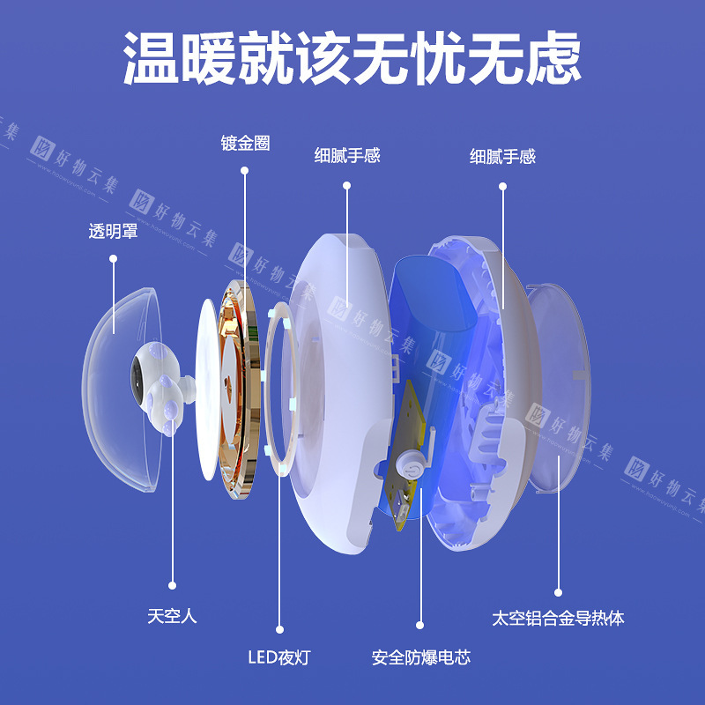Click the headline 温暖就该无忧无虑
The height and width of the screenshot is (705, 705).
pyautogui.click(x=352, y=57)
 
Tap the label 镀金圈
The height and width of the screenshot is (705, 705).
pyautogui.click(x=245, y=143)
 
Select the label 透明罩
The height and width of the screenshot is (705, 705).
pyautogui.click(x=113, y=231)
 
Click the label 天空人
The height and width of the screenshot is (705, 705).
pyautogui.click(x=172, y=615)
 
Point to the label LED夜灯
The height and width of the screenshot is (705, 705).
pyautogui.click(x=279, y=657)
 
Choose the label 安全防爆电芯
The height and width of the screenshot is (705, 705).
pyautogui.click(x=421, y=657)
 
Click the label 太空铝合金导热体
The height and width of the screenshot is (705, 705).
pyautogui.click(x=558, y=619)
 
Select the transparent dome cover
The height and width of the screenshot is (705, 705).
pyautogui.click(x=122, y=390)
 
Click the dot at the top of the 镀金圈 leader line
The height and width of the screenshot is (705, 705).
pyautogui.click(x=245, y=170)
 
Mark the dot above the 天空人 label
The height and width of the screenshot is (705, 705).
pyautogui.click(x=172, y=585)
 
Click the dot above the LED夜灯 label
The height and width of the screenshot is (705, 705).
pyautogui.click(x=279, y=629)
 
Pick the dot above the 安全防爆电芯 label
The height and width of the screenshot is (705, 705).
pyautogui.click(x=420, y=625)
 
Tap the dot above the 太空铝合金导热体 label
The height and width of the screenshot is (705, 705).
pyautogui.click(x=558, y=592)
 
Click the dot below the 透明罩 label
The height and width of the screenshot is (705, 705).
pyautogui.click(x=114, y=258)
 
